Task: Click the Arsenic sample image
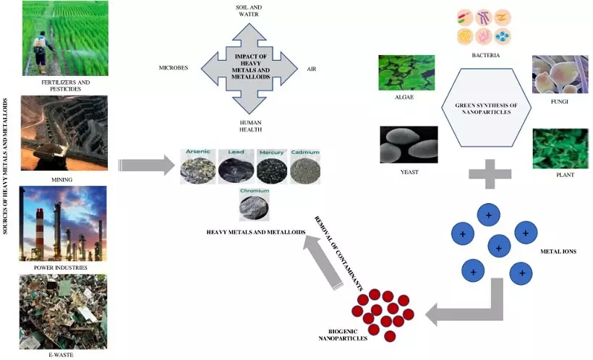point(199,168)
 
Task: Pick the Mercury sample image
point(271,168)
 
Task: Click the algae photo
point(406,72)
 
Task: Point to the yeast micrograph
point(409,145)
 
